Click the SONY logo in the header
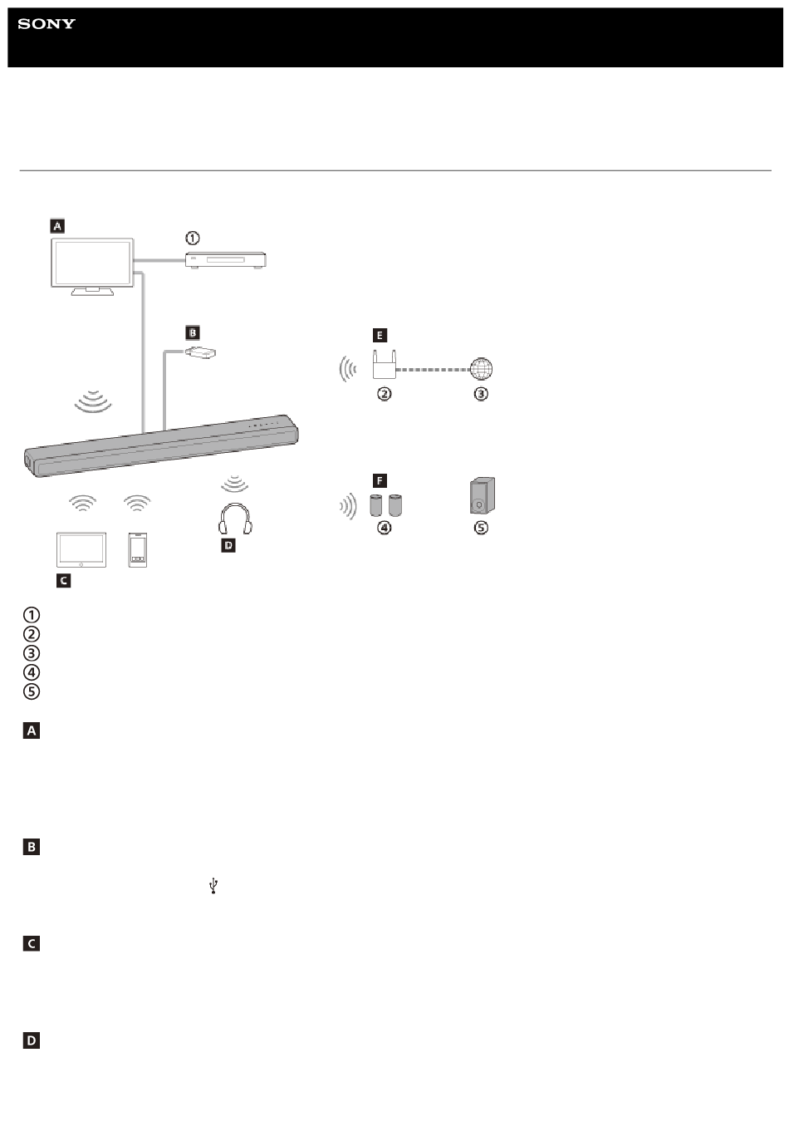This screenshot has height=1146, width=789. [x=47, y=23]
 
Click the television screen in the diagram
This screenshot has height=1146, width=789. [x=92, y=263]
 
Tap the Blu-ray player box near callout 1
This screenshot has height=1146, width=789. [x=226, y=260]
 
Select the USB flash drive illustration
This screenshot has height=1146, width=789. [x=200, y=352]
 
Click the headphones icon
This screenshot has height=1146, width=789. [x=235, y=519]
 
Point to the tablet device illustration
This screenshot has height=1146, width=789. [x=81, y=549]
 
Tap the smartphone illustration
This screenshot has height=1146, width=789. [x=138, y=550]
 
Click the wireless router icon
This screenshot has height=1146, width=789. [x=384, y=364]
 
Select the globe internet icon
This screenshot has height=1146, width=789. [x=481, y=369]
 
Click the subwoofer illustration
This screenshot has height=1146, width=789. [x=483, y=495]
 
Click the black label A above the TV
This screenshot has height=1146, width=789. [x=57, y=225]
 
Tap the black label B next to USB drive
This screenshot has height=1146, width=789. [x=192, y=333]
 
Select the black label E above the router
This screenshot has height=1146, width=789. [x=380, y=335]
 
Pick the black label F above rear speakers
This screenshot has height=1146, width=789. [x=380, y=480]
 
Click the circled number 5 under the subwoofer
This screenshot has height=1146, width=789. [x=481, y=528]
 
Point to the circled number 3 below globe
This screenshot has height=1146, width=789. [x=481, y=393]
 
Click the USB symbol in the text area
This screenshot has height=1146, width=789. [x=213, y=886]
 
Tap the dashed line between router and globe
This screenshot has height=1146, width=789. [x=433, y=369]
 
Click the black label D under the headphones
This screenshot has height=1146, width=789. [x=228, y=545]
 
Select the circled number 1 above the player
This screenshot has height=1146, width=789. [x=192, y=238]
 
